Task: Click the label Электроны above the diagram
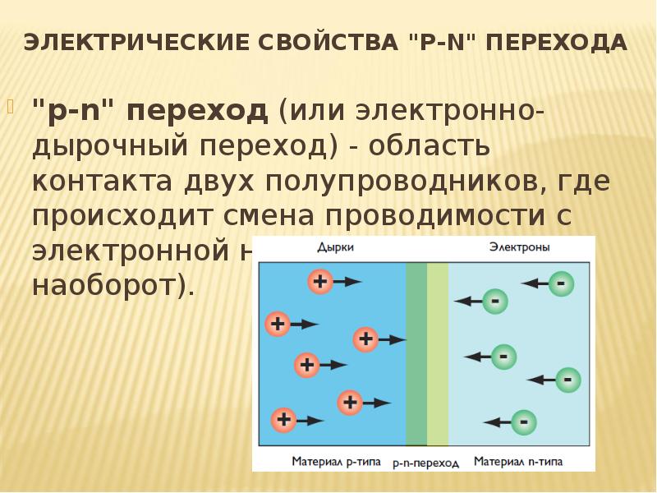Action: coord(520,246)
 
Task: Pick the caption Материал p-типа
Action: coord(335,461)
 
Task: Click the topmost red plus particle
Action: coord(319,282)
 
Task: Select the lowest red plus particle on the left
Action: coord(284,420)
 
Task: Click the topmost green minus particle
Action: coord(562,284)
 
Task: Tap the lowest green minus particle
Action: coord(523,422)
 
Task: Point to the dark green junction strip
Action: coord(416,353)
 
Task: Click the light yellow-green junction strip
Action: coord(438,353)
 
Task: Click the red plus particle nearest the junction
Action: coord(365,339)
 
